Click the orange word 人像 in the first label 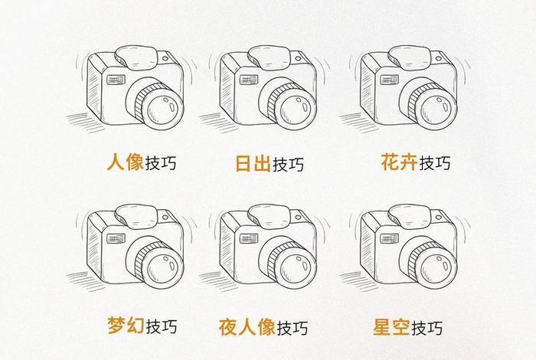[x=125, y=163]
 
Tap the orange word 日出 [x=251, y=164]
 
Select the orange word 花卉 [x=398, y=162]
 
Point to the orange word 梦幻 [x=125, y=326]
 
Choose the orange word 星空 [x=391, y=327]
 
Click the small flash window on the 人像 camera [x=116, y=79]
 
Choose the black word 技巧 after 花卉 [x=434, y=162]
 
